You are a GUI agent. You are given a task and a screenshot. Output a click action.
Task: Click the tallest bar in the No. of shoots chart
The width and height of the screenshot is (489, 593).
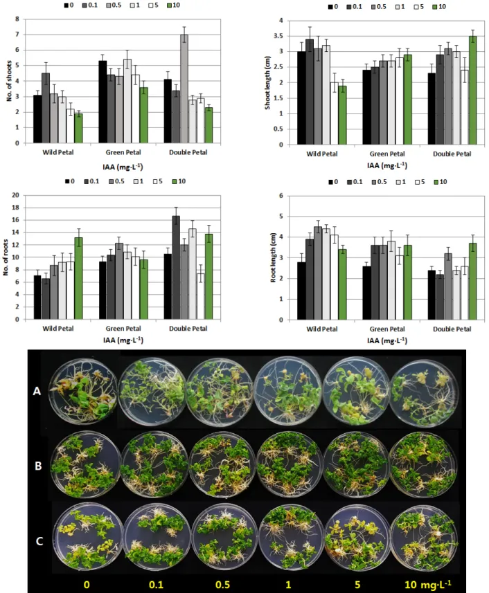pyautogui.click(x=184, y=89)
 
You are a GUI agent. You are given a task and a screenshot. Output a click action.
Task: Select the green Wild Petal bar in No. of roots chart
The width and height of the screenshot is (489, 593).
pyautogui.click(x=78, y=278)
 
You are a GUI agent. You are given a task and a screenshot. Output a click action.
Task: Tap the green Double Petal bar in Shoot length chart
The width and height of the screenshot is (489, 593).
pyautogui.click(x=473, y=90)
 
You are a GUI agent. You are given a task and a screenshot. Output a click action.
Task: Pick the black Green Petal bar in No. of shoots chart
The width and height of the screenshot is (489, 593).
pyautogui.click(x=103, y=102)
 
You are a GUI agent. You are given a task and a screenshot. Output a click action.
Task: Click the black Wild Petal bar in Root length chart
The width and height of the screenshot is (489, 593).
pyautogui.click(x=301, y=291)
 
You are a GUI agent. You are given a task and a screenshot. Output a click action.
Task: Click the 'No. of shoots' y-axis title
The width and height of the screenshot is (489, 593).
pyautogui.click(x=9, y=81)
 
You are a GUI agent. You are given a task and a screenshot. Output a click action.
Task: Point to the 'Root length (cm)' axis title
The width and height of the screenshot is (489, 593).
pyautogui.click(x=273, y=257)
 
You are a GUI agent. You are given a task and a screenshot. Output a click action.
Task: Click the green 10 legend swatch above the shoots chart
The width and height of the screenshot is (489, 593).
pyautogui.click(x=170, y=6)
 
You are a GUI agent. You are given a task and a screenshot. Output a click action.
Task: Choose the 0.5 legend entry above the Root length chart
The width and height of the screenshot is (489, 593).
pyautogui.click(x=380, y=182)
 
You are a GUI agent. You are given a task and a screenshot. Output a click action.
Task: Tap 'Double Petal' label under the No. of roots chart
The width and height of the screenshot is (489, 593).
pyautogui.click(x=188, y=328)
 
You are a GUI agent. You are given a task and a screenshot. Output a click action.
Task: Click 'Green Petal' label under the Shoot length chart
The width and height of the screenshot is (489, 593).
pyautogui.click(x=386, y=154)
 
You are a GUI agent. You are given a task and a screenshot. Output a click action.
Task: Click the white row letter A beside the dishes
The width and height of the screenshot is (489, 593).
pyautogui.click(x=37, y=391)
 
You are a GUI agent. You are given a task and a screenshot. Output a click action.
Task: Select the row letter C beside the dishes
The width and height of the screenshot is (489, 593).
pyautogui.click(x=39, y=541)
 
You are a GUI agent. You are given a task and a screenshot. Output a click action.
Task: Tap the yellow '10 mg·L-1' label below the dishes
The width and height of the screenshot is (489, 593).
pyautogui.click(x=427, y=584)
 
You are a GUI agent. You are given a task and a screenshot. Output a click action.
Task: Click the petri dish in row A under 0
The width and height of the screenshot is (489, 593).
pyautogui.click(x=85, y=392)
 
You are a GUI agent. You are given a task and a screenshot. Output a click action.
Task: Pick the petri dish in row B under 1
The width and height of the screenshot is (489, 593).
pyautogui.click(x=290, y=464)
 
